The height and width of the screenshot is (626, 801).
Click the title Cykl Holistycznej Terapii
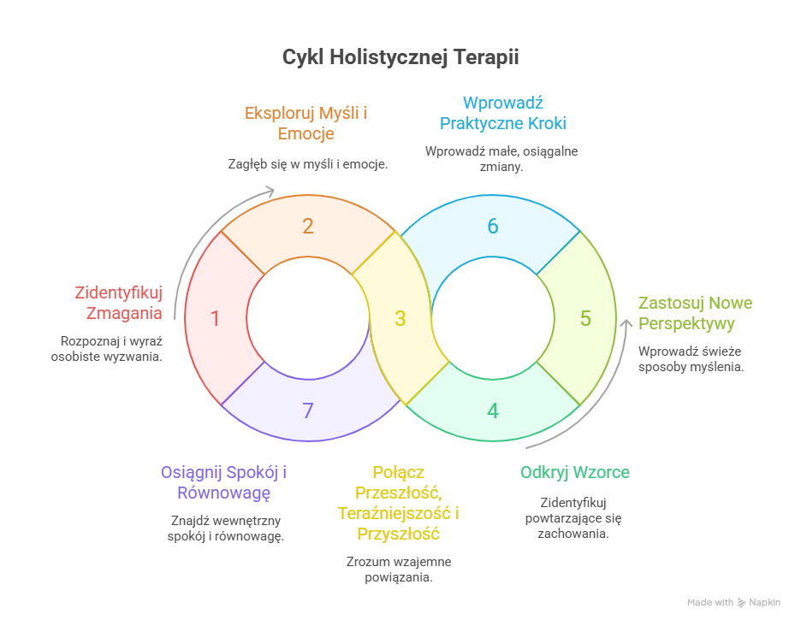[x=400, y=58]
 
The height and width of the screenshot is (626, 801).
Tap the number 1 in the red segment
[x=215, y=319]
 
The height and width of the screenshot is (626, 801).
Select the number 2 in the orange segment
[x=308, y=227]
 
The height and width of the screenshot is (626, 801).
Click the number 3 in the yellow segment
[x=400, y=319]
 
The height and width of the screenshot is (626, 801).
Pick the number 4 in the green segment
[x=493, y=411]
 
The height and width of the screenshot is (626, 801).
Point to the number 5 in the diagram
[x=585, y=319]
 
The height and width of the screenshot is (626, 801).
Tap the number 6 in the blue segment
[x=493, y=227]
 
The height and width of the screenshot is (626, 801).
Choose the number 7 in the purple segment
[x=308, y=411]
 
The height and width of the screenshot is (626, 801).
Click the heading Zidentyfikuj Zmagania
[x=118, y=303]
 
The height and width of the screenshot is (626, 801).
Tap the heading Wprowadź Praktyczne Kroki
[x=503, y=112]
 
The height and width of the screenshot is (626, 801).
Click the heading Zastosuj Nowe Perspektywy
[x=695, y=313]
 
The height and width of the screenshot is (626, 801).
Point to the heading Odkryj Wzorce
[x=575, y=473]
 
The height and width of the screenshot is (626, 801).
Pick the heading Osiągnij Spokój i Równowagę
[x=223, y=482]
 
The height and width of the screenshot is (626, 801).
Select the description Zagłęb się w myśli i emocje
[x=307, y=162]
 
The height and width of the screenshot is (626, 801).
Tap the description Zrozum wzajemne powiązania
[x=399, y=570]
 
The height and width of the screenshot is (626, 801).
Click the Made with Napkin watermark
[x=733, y=602]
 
